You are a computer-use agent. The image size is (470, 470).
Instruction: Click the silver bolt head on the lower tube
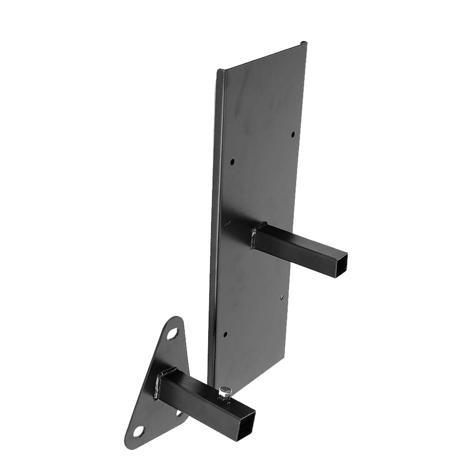[x=225, y=391]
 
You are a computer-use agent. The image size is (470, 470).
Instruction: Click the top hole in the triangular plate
[x=173, y=334]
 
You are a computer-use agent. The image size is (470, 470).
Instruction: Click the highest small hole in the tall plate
[x=293, y=134]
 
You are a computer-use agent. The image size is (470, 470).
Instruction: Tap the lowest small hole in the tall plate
[x=225, y=335]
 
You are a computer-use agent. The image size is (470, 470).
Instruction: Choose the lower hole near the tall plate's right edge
[x=281, y=298]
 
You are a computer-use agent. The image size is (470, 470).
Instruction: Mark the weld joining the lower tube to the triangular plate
[x=159, y=383]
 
